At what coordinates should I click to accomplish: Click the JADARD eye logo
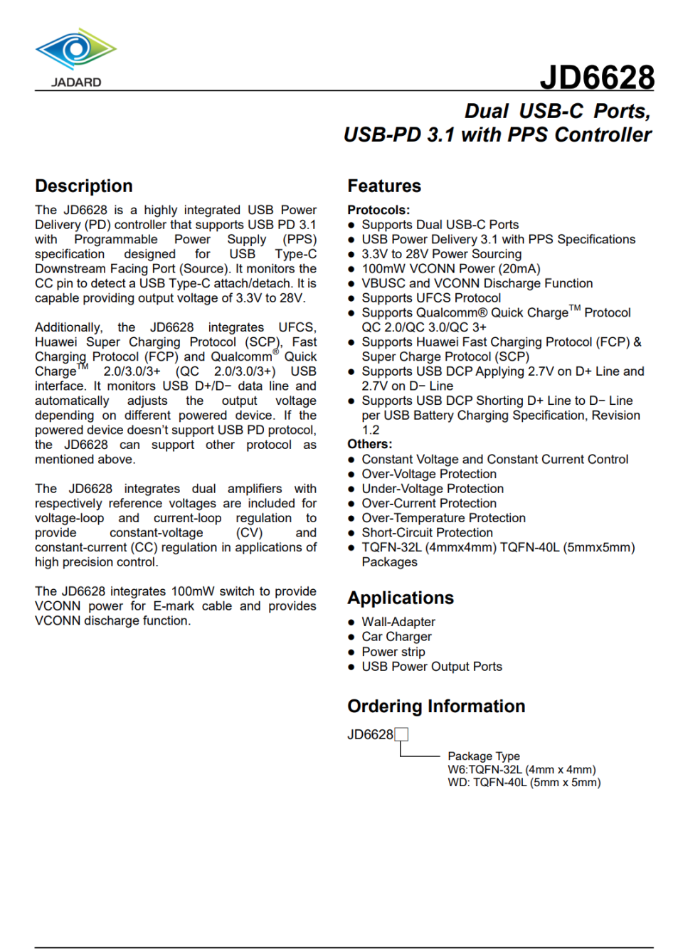[75, 50]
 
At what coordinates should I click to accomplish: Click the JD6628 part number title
[596, 77]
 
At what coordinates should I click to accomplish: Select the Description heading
[84, 186]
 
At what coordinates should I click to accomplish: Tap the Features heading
[384, 186]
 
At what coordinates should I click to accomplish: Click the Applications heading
[401, 598]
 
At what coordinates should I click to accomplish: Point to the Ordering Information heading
[436, 706]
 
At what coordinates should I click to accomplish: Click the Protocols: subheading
[378, 210]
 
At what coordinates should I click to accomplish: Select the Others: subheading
[369, 444]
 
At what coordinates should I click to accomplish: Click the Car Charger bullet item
[396, 637]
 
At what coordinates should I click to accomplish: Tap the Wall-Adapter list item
[398, 622]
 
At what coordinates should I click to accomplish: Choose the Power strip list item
[393, 652]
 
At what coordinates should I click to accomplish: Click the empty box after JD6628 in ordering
[401, 734]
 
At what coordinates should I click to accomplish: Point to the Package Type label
[484, 756]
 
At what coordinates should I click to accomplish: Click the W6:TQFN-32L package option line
[521, 769]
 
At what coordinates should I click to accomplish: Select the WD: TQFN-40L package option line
[524, 782]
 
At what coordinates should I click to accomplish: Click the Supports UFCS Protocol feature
[431, 298]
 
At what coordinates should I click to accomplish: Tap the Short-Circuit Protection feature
[427, 532]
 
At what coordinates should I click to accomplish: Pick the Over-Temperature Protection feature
[443, 518]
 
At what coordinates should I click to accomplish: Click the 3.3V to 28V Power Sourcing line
[441, 254]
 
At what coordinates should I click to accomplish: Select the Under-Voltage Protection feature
[433, 489]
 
